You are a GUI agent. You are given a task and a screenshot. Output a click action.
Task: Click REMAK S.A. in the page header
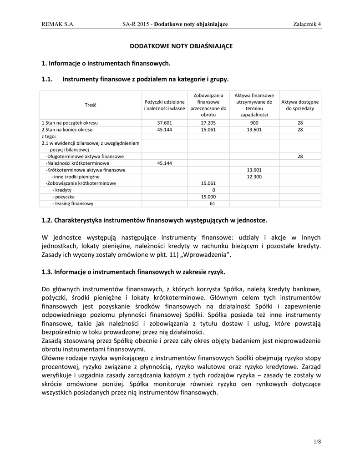[x=58, y=24]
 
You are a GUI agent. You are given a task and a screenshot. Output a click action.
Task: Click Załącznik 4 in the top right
[x=307, y=24]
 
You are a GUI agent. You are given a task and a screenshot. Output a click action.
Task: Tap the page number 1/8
[x=317, y=441]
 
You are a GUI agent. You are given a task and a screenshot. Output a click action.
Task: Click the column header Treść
[x=91, y=105]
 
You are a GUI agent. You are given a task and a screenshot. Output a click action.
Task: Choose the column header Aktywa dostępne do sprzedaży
[x=300, y=105]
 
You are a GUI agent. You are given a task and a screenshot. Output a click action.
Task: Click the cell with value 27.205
[x=208, y=123]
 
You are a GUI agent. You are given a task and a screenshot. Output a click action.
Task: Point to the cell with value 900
[x=254, y=123]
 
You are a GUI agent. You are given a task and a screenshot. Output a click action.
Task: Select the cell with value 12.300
[x=254, y=177]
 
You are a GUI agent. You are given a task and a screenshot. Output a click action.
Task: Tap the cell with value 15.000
[x=208, y=197]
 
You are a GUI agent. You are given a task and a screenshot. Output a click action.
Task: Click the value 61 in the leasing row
[x=212, y=203]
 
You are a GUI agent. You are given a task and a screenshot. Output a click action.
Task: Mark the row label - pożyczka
[x=63, y=197]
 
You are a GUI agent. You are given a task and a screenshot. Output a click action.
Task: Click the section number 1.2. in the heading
[x=47, y=220]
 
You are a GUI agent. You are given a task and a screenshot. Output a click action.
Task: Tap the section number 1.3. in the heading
[x=47, y=272]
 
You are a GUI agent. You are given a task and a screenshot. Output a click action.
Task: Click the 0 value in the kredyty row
[x=213, y=190]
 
